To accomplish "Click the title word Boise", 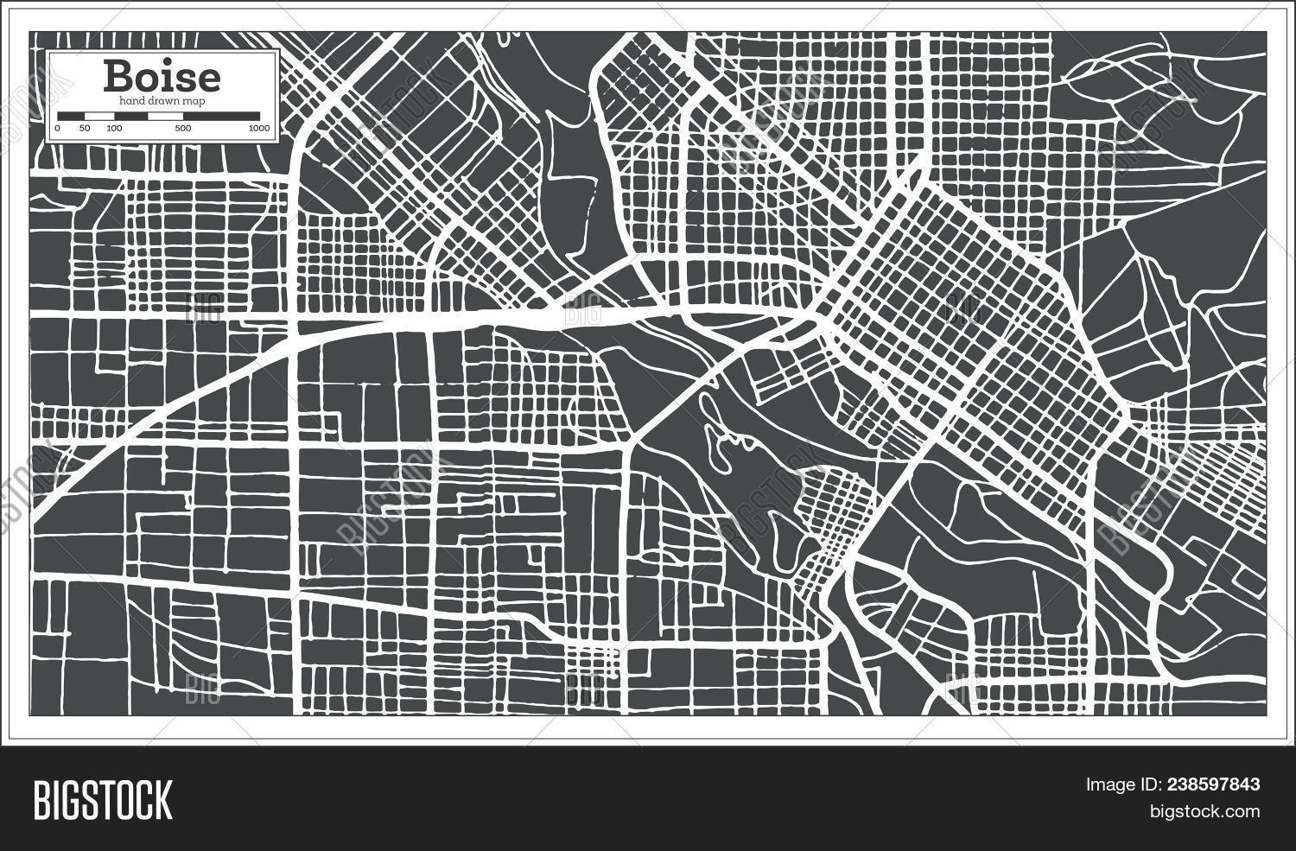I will coord(162,77).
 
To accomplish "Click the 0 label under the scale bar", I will coord(57,129).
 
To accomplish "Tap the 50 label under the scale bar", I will coord(85,129).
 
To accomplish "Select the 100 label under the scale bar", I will coord(113,129).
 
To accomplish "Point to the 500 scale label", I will coord(182,129).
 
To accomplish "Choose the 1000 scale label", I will coord(258,129).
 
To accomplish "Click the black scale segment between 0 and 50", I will coord(71,116).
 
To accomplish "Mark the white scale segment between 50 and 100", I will coord(98,116).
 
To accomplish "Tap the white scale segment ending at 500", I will coord(148,116).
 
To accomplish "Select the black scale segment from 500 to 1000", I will coord(220,116).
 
